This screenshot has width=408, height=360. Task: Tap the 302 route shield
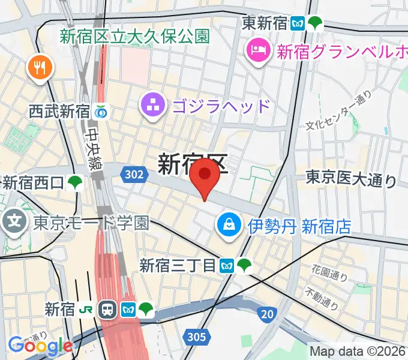[x=135, y=174]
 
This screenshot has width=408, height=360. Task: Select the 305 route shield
[x=197, y=338]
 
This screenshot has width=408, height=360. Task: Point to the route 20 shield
[x=268, y=314]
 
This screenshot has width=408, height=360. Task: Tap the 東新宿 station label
[x=265, y=24]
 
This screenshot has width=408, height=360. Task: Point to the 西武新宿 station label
[x=59, y=111]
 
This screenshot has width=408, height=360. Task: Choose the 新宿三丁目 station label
[x=177, y=265]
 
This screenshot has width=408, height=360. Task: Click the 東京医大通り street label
[x=351, y=179]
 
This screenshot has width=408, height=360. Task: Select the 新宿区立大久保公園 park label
[x=134, y=36]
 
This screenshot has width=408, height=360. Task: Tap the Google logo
[x=40, y=345]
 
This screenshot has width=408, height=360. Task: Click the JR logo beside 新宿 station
[x=88, y=310]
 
